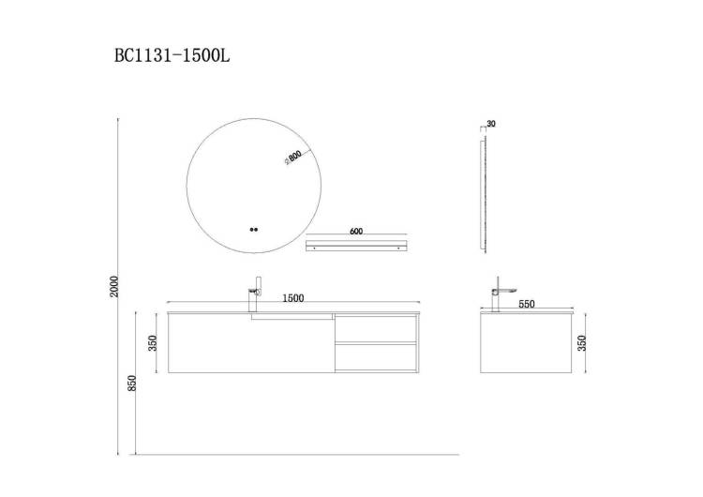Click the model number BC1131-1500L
tap(172, 55)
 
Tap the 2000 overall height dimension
tap(113, 286)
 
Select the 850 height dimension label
tap(132, 384)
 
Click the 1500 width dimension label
tap(293, 298)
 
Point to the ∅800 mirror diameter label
tap(292, 158)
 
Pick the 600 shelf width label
tap(355, 232)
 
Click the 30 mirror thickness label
tap(491, 124)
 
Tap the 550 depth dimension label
tap(527, 304)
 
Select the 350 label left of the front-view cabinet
tap(153, 343)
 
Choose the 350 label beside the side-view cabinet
tap(582, 343)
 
